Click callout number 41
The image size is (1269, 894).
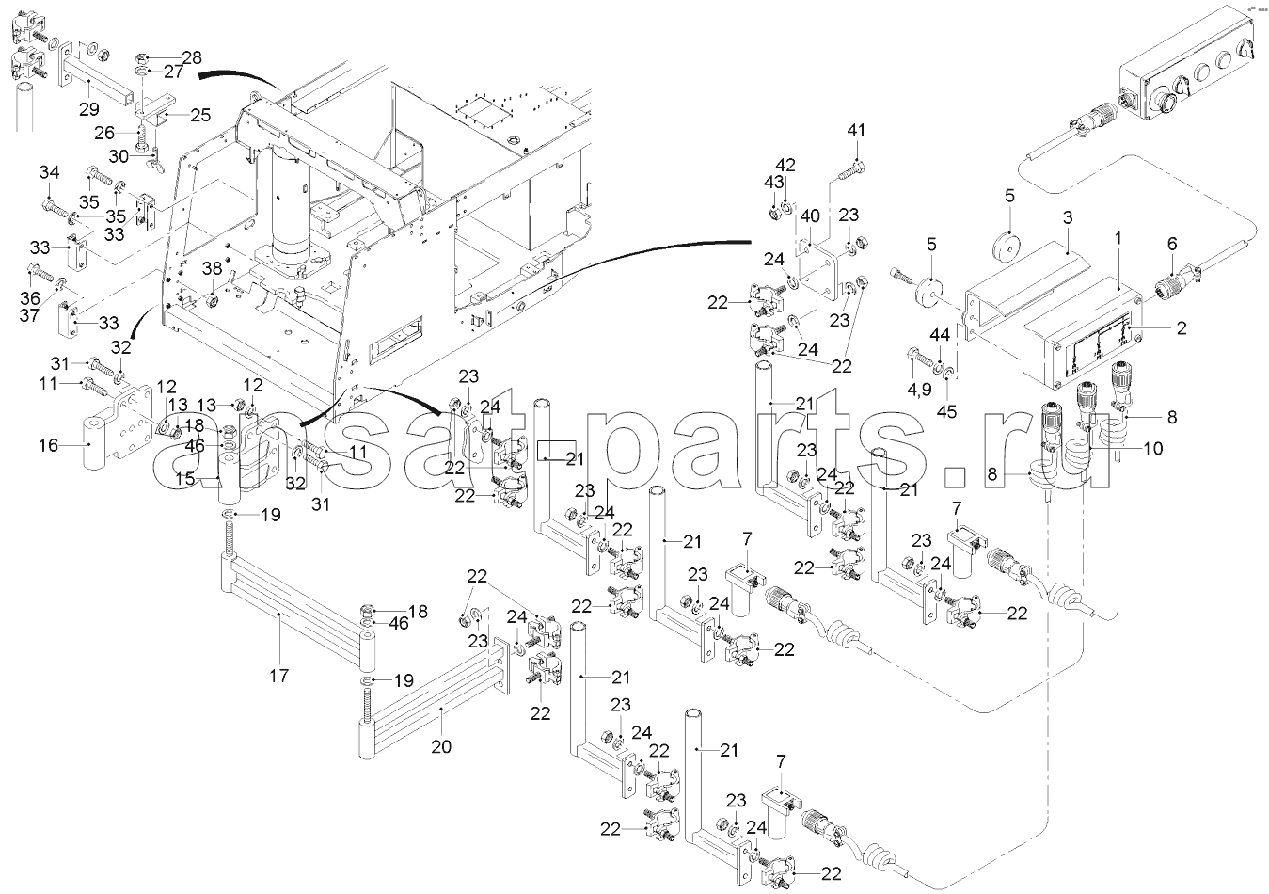click(x=855, y=129)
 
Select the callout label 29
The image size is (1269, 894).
click(x=88, y=110)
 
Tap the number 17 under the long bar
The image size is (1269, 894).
click(x=278, y=675)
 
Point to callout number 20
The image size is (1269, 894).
click(x=441, y=747)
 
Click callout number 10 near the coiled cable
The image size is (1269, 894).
click(x=1152, y=448)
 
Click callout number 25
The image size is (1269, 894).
click(x=200, y=115)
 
